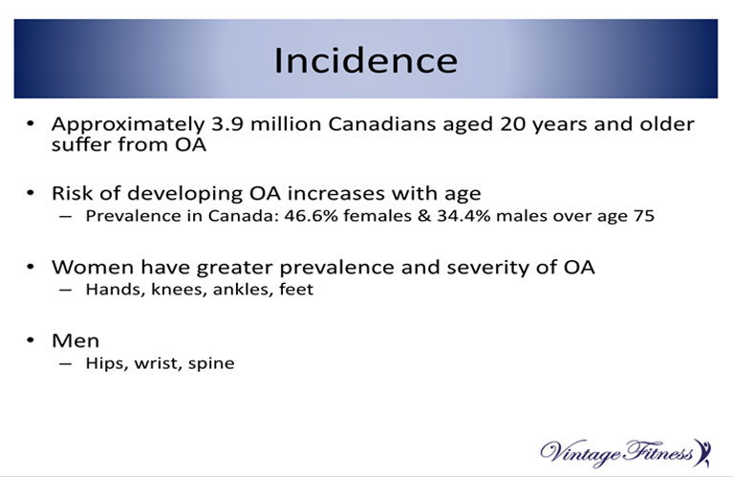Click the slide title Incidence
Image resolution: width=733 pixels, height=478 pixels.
[366, 61]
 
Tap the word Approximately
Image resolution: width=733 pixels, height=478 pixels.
[128, 125]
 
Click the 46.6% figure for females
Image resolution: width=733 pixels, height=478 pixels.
[311, 216]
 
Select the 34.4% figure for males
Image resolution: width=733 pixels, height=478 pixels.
[464, 216]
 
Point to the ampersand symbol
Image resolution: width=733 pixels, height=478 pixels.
[424, 216]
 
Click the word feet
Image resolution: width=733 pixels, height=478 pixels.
[296, 290]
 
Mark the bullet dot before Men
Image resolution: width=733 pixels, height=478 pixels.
[31, 340]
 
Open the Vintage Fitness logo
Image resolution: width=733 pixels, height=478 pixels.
[625, 453]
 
